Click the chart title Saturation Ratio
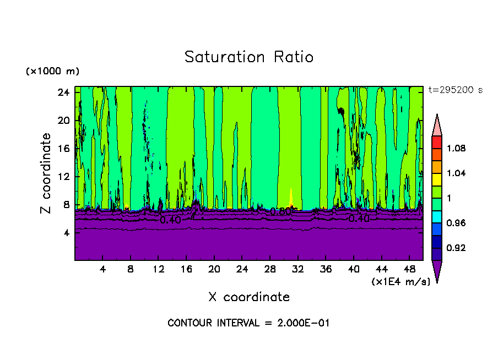pyautogui.click(x=248, y=57)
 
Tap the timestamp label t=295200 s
pyautogui.click(x=455, y=90)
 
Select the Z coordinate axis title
pyautogui.click(x=46, y=173)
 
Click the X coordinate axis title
pyautogui.click(x=248, y=297)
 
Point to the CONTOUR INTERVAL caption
pyautogui.click(x=248, y=323)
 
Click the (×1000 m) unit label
pyautogui.click(x=52, y=72)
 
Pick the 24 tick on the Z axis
pyautogui.click(x=63, y=92)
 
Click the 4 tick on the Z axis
pyautogui.click(x=66, y=233)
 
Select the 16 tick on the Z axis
pyautogui.click(x=63, y=149)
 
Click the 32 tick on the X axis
pyautogui.click(x=298, y=270)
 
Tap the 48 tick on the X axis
pyautogui.click(x=409, y=270)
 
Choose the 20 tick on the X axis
pyautogui.click(x=214, y=270)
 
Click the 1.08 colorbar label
pyautogui.click(x=456, y=149)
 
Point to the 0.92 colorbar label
pyautogui.click(x=456, y=248)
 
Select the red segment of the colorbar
pyautogui.click(x=437, y=142)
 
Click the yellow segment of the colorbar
pyautogui.click(x=437, y=179)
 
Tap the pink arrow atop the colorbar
pyautogui.click(x=437, y=126)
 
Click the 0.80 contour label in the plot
pyautogui.click(x=280, y=211)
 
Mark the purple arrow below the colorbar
pyautogui.click(x=437, y=270)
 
